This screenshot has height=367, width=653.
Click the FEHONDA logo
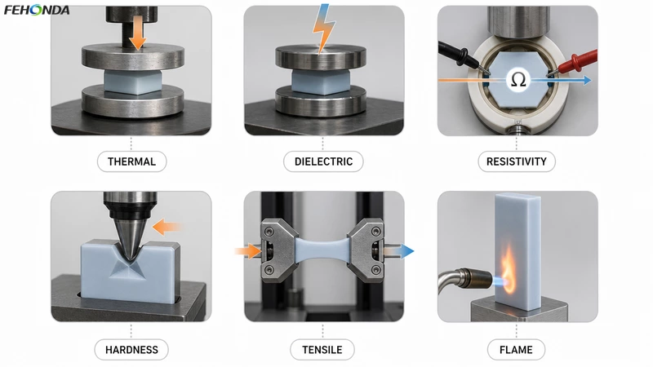point(37,10)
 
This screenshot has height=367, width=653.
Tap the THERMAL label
point(131,161)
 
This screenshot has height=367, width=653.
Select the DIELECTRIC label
point(323,161)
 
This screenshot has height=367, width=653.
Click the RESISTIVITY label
point(517,161)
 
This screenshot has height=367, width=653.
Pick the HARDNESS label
point(131,350)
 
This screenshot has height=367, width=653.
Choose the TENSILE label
point(322,350)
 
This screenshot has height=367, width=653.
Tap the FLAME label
point(516,350)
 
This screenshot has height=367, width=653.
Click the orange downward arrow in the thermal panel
point(137,34)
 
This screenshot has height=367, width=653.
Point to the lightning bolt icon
point(323,29)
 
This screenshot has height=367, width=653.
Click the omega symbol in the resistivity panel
point(518,79)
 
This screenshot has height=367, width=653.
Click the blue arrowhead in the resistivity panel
point(587,80)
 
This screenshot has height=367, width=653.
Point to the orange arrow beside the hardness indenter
point(167,228)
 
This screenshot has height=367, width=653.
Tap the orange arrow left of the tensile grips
point(249,251)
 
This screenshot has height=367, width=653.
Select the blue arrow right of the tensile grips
point(399,251)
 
